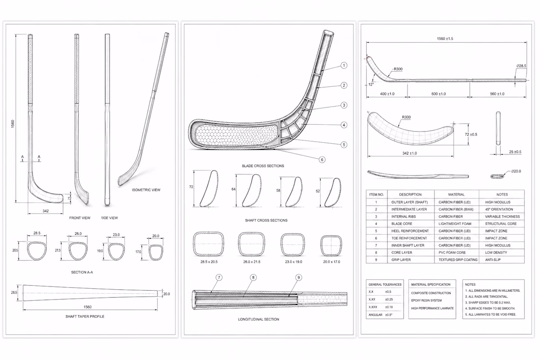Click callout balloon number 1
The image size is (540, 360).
pos(343,65)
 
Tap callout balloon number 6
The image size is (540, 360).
pos(322,160)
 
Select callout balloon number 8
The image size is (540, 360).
pos(253,277)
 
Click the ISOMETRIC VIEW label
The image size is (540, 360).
pos(146,190)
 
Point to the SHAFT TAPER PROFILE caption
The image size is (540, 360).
pos(85,316)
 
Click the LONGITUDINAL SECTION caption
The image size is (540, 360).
pos(259,319)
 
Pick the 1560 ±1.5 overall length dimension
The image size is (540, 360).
pos(445,39)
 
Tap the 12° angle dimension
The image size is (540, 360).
pos(371,84)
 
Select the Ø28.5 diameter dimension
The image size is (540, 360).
pos(521,66)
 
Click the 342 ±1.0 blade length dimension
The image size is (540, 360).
pos(409,153)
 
